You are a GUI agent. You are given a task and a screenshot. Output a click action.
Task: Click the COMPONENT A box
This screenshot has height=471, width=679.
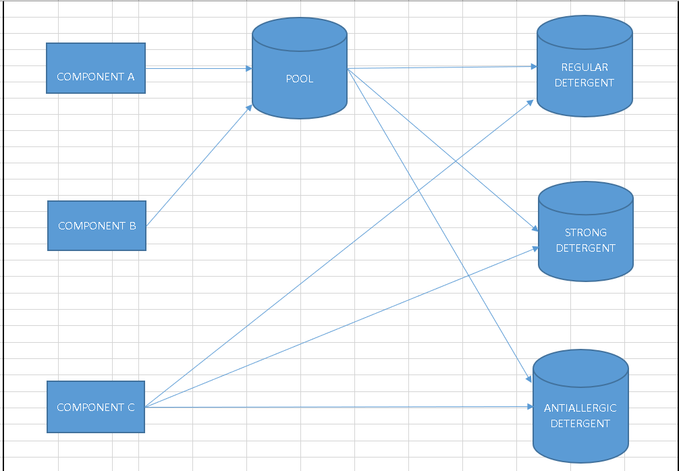click(95, 67)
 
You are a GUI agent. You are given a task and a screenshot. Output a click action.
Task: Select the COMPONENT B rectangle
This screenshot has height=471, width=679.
click(97, 225)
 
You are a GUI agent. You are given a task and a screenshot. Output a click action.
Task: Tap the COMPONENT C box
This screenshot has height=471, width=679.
click(95, 406)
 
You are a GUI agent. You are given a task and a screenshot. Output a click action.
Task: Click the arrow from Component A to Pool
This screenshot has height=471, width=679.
click(196, 68)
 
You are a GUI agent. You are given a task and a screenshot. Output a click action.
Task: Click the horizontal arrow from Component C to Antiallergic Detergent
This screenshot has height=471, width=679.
click(337, 407)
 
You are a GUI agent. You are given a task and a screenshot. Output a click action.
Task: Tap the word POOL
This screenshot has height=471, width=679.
click(300, 79)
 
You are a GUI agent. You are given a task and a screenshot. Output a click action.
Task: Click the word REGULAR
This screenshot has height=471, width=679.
click(585, 67)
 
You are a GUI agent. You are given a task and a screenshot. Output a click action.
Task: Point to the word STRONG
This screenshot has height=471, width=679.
click(586, 232)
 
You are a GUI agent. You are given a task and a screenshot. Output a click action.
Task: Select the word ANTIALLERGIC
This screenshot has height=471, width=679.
click(580, 408)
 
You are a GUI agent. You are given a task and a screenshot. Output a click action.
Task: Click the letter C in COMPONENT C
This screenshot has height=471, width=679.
click(131, 408)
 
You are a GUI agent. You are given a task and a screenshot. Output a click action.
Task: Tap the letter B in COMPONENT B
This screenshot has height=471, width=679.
click(132, 226)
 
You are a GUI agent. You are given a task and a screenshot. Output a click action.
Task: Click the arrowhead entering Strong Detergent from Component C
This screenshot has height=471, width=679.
click(535, 248)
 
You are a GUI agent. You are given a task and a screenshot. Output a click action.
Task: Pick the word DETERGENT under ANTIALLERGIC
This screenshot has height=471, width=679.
click(580, 424)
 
